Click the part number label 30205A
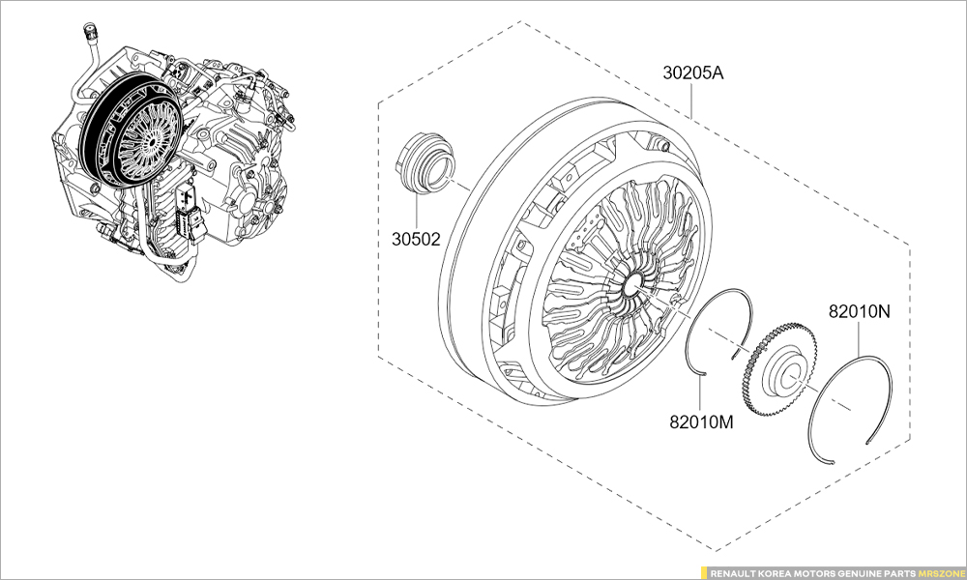(x=693, y=72)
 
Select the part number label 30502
(x=416, y=239)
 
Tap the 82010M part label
(x=702, y=422)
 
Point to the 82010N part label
(x=860, y=312)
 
